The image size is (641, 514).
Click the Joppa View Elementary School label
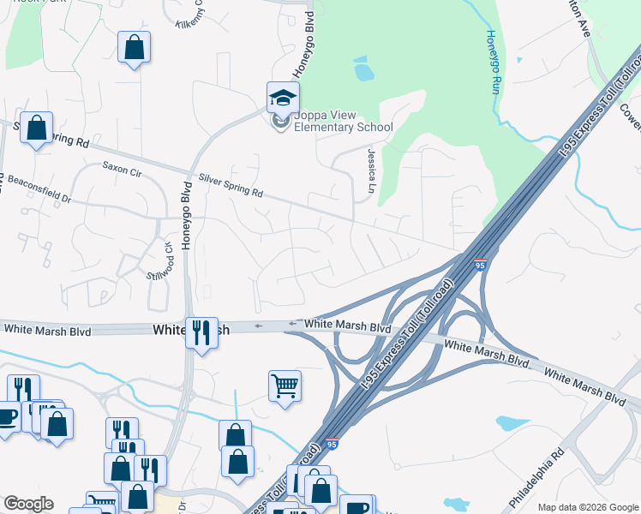343,122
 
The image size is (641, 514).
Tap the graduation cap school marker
282,98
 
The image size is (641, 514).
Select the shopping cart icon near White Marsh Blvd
285,385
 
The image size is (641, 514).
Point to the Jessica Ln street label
373,170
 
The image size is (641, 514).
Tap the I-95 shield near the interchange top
481,266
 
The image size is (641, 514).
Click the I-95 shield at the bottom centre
332,444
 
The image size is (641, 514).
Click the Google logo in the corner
28,504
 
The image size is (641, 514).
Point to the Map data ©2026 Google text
587,507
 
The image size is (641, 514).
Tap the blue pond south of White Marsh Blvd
512,422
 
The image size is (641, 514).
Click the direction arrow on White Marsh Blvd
293,324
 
